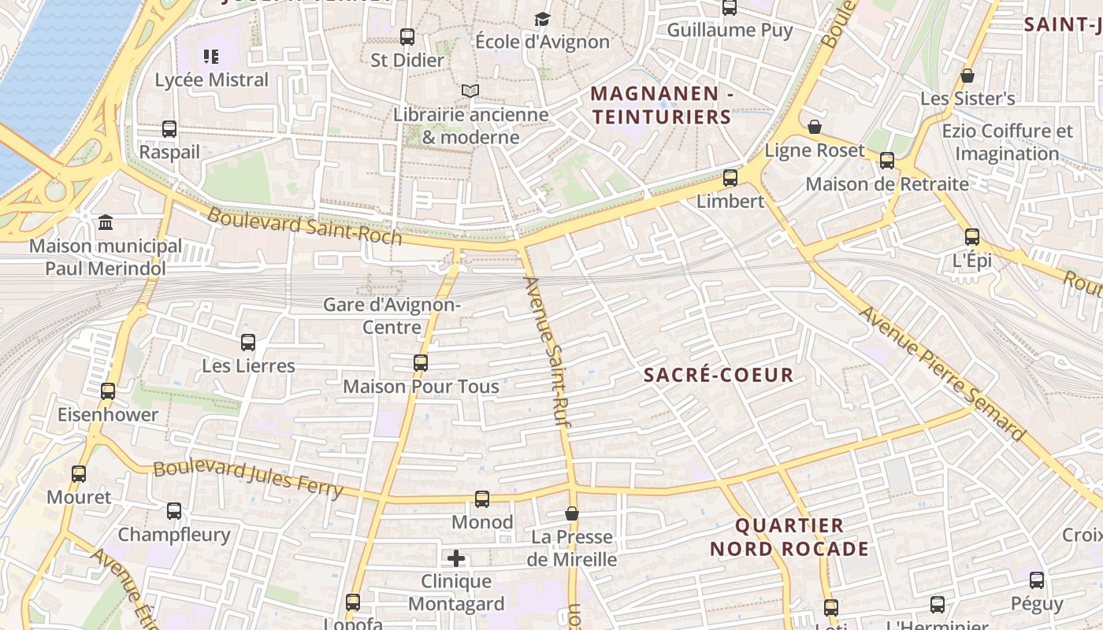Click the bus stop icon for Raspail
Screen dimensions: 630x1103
[169, 129]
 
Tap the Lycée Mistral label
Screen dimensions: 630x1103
[211, 80]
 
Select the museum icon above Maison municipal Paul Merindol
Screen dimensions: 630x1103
[106, 223]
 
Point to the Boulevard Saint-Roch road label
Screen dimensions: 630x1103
[304, 226]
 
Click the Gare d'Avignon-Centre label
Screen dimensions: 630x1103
[392, 315]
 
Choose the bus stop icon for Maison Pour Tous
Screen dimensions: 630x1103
[421, 363]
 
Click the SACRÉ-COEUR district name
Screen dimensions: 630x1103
[719, 375]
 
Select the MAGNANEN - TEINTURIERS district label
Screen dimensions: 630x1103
[661, 106]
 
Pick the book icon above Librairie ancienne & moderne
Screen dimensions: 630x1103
[470, 91]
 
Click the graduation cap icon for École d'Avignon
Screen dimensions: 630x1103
[542, 19]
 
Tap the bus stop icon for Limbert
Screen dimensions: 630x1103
[730, 178]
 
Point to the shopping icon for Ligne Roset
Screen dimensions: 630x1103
[815, 127]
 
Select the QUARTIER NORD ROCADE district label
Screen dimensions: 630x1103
[789, 537]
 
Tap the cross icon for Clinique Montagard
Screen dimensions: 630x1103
[456, 559]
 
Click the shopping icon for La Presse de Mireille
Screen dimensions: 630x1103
[572, 513]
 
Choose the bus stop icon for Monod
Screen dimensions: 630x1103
[482, 499]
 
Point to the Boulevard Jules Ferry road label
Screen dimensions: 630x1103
[248, 479]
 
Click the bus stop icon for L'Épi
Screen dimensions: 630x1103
[972, 237]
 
